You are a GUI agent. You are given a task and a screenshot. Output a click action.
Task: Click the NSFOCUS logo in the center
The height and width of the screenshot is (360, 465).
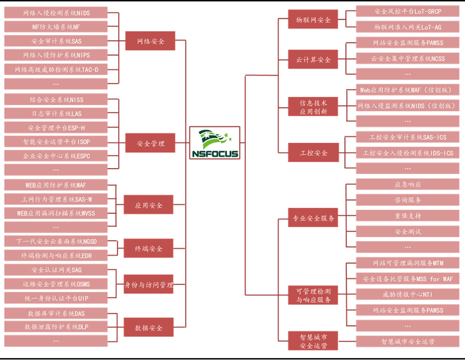[214, 143]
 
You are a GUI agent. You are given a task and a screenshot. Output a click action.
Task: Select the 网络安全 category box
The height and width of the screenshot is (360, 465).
[150, 41]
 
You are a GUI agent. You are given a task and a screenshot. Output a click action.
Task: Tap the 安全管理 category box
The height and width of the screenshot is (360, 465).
[150, 143]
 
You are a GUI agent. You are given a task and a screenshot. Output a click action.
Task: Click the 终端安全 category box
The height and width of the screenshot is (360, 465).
[149, 248]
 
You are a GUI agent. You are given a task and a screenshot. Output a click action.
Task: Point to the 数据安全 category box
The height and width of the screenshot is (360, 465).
[149, 327]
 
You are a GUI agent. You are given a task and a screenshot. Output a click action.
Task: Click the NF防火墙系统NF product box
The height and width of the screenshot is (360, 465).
[56, 27]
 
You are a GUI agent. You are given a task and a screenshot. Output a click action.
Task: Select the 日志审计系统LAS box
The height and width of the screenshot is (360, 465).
[56, 114]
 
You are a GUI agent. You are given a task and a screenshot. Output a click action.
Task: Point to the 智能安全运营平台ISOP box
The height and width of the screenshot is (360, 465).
[56, 141]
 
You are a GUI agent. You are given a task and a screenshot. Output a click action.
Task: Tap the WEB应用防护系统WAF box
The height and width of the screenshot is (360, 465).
[56, 185]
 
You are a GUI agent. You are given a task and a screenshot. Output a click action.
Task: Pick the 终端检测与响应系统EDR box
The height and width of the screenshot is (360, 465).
[56, 255]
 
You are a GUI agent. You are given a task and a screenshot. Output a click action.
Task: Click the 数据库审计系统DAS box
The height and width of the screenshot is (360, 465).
[56, 313]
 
